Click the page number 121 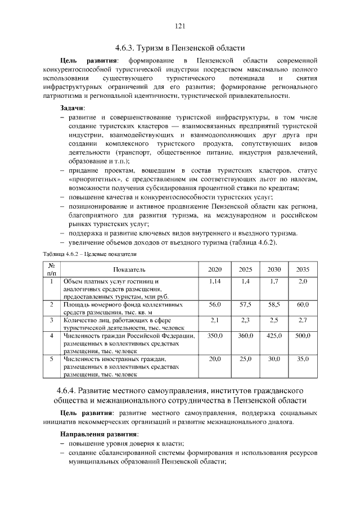[180, 25]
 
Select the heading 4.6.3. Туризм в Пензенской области [180, 48]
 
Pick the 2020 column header [215, 269]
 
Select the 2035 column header [303, 269]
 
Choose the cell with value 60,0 [303, 304]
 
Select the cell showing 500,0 [303, 336]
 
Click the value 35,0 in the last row [303, 359]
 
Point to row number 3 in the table [51, 320]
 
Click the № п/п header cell [51, 269]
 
